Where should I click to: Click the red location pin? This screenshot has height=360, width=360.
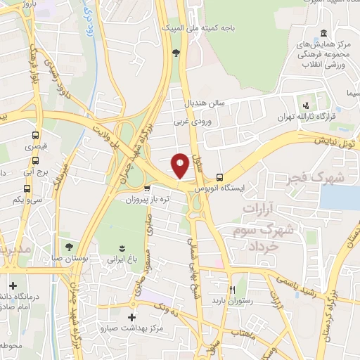click(181, 165)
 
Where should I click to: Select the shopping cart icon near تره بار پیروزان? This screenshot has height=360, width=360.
click(146, 188)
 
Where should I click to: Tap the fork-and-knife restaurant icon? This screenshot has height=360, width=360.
click(233, 288)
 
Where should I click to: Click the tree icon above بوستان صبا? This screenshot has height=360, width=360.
click(69, 247)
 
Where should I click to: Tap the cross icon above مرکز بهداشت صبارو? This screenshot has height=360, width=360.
click(132, 318)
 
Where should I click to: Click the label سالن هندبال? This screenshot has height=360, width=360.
click(205, 103)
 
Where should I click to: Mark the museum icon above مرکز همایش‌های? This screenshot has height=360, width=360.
click(323, 34)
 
